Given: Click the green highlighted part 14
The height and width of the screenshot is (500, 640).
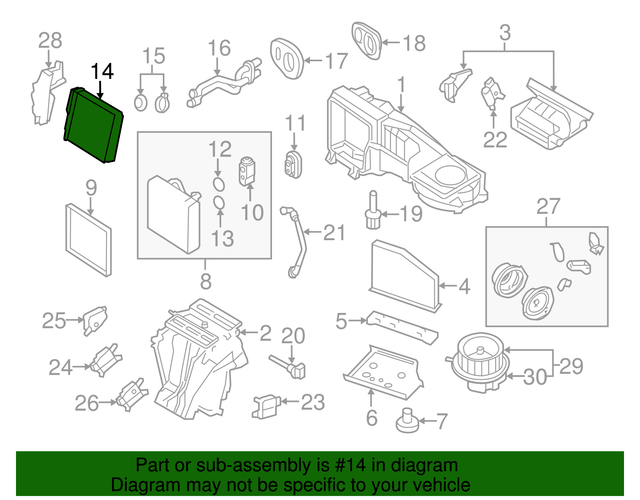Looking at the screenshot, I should click(x=95, y=126).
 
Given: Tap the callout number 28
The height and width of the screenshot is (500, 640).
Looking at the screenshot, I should click(x=50, y=40).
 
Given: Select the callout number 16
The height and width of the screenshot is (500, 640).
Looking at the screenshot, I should click(x=219, y=48).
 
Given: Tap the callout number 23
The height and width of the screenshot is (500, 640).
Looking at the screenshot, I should click(x=313, y=403).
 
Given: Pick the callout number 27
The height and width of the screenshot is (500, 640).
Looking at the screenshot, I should click(x=547, y=207).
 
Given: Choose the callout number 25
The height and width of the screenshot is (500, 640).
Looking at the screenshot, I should click(x=53, y=320).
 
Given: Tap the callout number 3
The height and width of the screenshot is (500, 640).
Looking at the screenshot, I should click(x=505, y=33).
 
